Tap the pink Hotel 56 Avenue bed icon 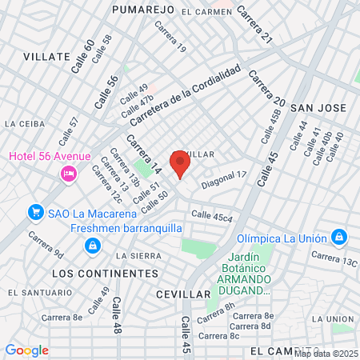point(69,173)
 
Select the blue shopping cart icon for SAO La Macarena point(35,212)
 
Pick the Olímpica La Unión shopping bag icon point(339,237)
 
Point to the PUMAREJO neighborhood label point(143,10)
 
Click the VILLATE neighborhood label point(46,57)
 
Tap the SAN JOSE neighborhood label point(318,107)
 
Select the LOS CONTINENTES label point(104,274)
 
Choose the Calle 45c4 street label point(212,216)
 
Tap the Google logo point(26,350)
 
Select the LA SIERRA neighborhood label point(138,255)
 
